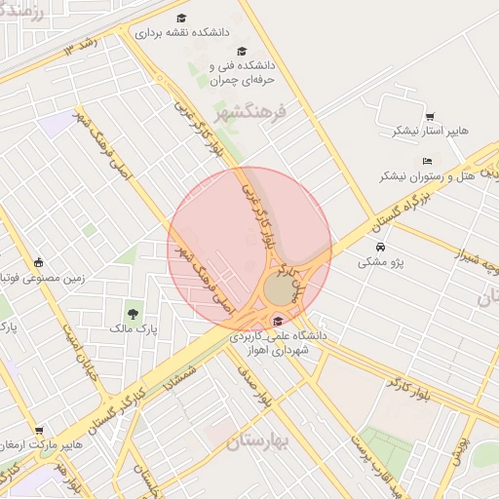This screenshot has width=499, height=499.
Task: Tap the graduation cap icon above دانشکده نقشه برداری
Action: point(182,18)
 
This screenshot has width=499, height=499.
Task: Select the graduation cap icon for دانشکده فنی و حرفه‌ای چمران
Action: point(242,52)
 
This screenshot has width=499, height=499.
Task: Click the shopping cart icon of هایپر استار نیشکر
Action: point(429,117)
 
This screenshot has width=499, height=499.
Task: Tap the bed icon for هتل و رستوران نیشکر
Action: point(427,161)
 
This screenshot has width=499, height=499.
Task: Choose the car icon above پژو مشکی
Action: point(379,247)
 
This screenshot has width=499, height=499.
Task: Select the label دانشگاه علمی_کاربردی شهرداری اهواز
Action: point(278,342)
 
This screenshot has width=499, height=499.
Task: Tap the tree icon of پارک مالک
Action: point(133,314)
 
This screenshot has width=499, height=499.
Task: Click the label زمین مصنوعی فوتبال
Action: point(38,277)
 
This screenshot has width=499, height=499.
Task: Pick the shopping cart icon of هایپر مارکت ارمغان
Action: point(39,430)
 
